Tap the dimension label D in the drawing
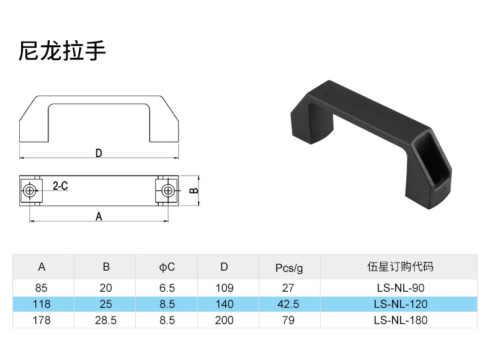coord(98,153)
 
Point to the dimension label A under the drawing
coord(98,216)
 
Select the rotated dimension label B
coord(194,191)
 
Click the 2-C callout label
coord(60,186)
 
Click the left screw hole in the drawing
coord(29,190)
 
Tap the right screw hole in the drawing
coord(166,190)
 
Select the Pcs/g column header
coord(289,268)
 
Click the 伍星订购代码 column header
coord(400,267)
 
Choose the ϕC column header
coord(167,268)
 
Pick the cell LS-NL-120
coord(401,304)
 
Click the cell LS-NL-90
coord(400,287)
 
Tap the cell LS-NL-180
coord(401,320)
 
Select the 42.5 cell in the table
coord(288,304)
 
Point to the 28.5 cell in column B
coord(106,320)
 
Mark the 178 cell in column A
coord(42,320)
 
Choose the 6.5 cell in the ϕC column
coord(167,287)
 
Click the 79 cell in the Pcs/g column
coord(288,320)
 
